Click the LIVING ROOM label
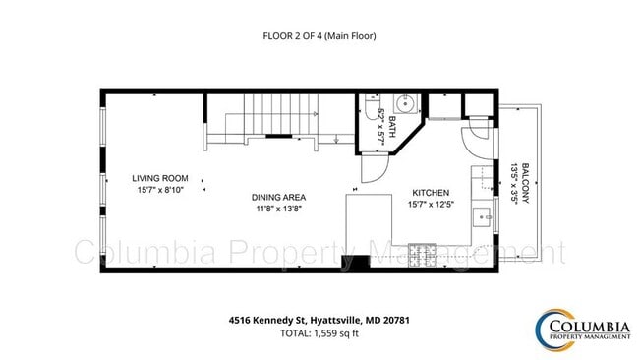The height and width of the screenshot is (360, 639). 158,178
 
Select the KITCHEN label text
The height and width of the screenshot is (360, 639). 430,193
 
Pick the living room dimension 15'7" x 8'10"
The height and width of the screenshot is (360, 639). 158,191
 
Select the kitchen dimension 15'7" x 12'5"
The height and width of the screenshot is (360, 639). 430,205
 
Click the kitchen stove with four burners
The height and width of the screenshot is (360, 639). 423,255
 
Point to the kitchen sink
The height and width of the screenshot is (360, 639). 482,216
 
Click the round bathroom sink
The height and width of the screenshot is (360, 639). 404,103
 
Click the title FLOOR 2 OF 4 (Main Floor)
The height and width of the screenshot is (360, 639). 319,36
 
